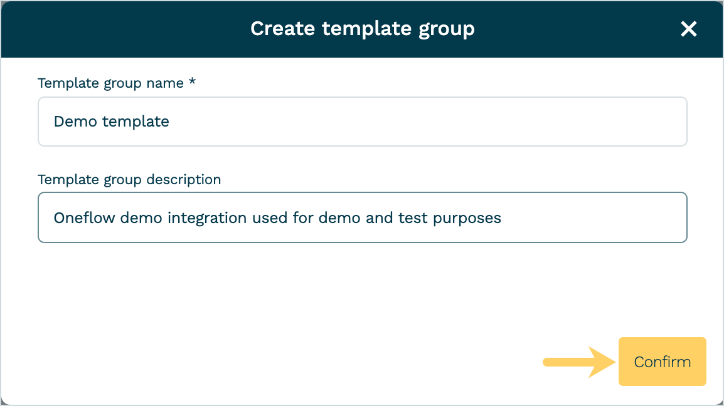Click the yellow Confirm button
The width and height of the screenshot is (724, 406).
click(662, 362)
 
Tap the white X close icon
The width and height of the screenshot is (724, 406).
click(688, 29)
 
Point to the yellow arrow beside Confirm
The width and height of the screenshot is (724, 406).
click(579, 362)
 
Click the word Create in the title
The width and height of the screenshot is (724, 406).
click(282, 29)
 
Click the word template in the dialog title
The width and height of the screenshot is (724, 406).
click(366, 29)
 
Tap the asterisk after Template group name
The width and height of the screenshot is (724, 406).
click(192, 82)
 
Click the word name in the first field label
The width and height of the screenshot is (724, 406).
click(165, 83)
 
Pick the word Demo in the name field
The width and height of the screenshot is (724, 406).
click(75, 122)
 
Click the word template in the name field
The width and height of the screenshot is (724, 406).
click(136, 122)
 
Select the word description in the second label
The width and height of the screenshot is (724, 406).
click(184, 179)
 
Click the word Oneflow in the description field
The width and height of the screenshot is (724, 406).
click(85, 218)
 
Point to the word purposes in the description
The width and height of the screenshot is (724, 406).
click(467, 219)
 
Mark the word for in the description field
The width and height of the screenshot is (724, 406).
click(303, 218)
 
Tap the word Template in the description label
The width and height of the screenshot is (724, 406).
click(68, 179)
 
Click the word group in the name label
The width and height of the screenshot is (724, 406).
click(123, 83)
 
